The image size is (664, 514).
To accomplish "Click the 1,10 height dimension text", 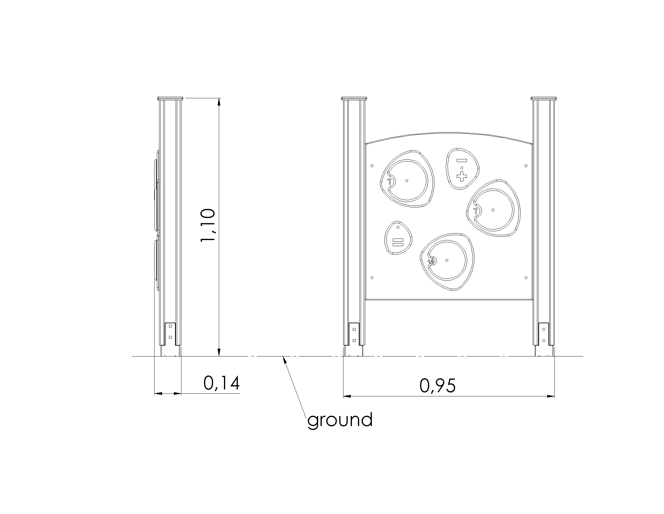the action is (208, 225).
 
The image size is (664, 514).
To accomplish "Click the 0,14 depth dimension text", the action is (222, 383).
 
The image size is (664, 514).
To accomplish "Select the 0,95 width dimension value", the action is (438, 386).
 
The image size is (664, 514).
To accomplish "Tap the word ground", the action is (340, 420).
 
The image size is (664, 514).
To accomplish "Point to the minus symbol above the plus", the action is (462, 160).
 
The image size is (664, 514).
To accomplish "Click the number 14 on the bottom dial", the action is (431, 262).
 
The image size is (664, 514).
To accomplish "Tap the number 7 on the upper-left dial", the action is (389, 182).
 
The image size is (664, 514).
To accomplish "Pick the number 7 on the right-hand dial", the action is (476, 211).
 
